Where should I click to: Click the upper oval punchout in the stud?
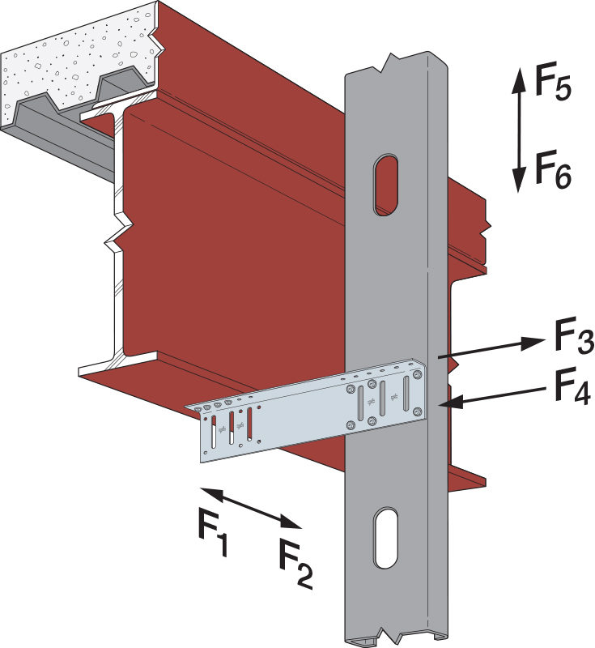pyautogui.click(x=386, y=183)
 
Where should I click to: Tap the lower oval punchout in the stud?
pyautogui.click(x=386, y=538)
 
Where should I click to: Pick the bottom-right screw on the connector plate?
pyautogui.click(x=417, y=417)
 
